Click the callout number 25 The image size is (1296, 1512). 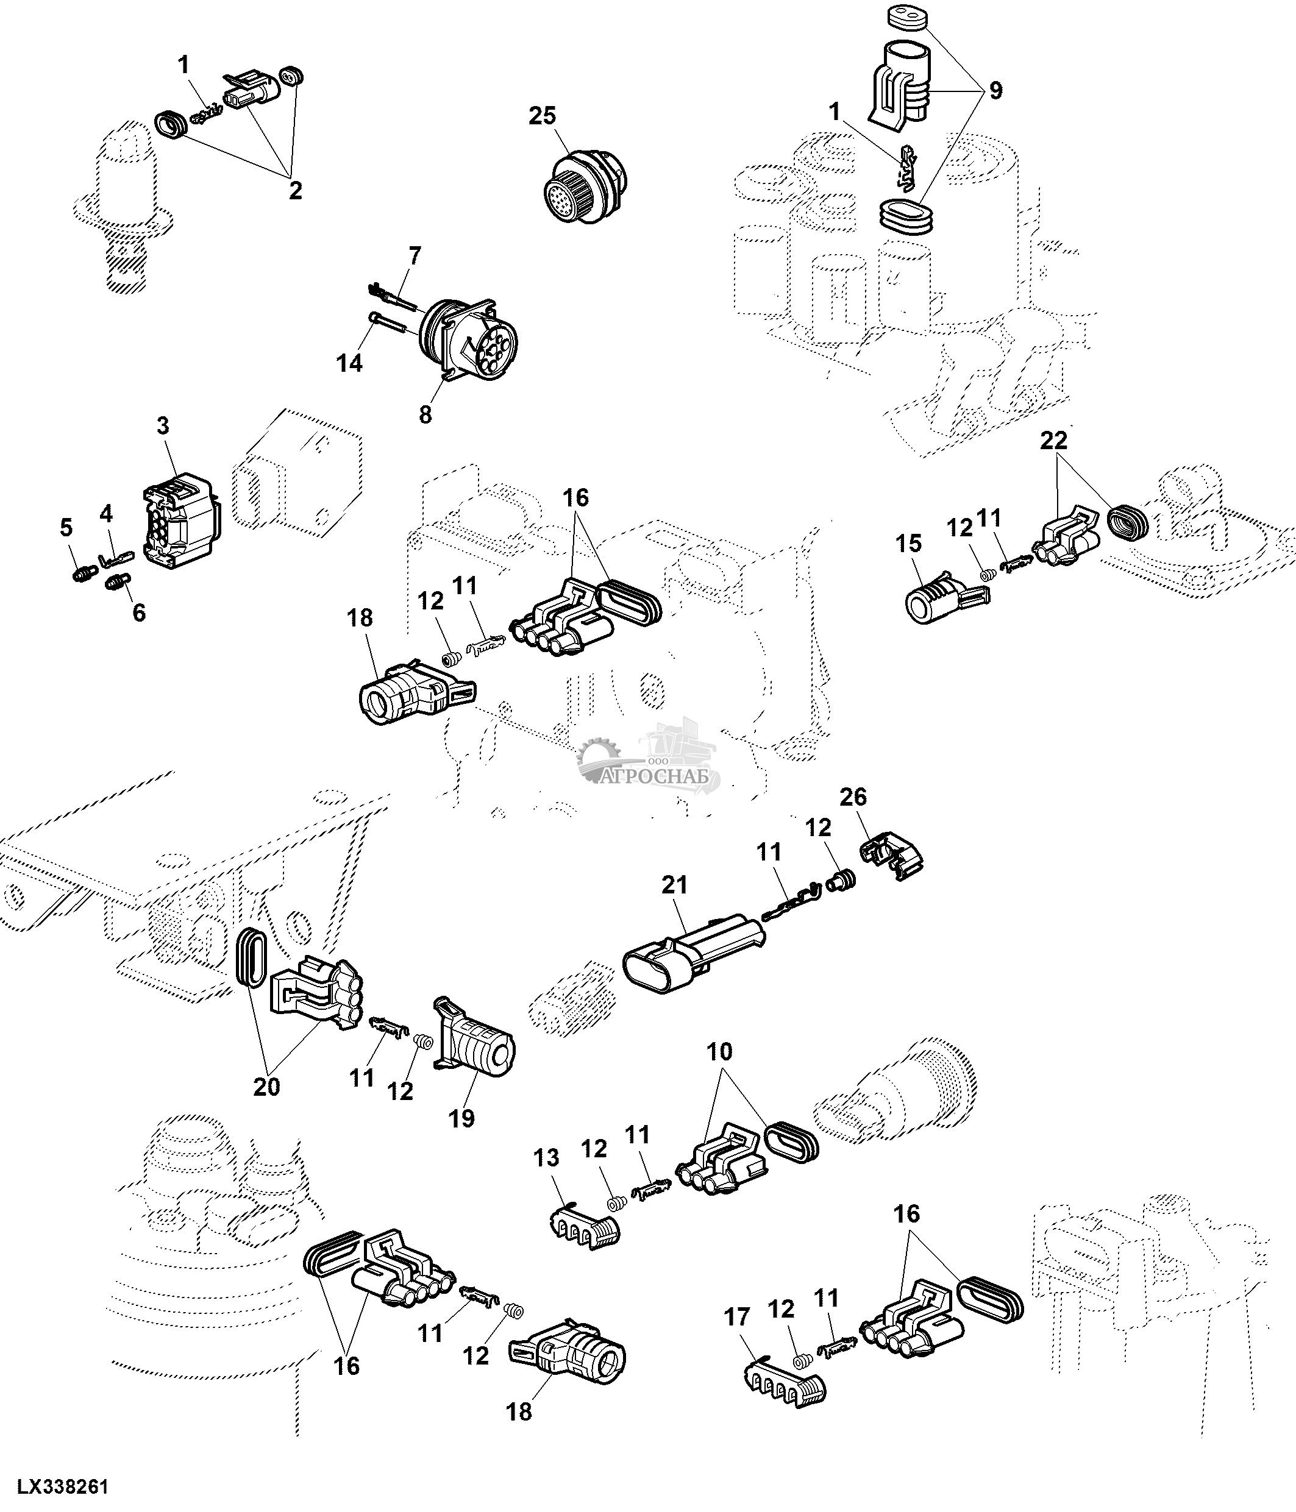[x=542, y=116]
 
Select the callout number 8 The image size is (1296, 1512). [x=425, y=414]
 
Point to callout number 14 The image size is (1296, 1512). [x=349, y=362]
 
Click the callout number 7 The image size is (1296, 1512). [x=415, y=256]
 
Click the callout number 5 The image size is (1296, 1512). [x=66, y=528]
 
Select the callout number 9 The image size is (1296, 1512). [x=995, y=90]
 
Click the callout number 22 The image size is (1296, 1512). [x=1053, y=440]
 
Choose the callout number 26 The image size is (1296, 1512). [x=853, y=797]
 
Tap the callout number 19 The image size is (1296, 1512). [x=461, y=1117]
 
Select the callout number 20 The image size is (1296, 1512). [x=266, y=1087]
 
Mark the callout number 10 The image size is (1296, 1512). [x=719, y=1051]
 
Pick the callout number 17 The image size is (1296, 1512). [x=736, y=1317]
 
